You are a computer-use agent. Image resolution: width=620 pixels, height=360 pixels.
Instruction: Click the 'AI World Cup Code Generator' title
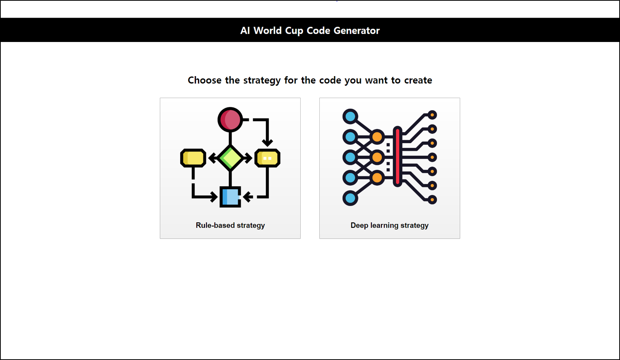pyautogui.click(x=310, y=30)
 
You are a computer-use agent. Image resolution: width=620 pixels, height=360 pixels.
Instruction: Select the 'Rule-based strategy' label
pyautogui.click(x=230, y=225)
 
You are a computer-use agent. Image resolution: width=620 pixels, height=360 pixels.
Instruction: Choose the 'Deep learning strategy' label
pyautogui.click(x=389, y=225)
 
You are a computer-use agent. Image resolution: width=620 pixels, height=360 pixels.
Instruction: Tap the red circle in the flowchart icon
pyautogui.click(x=230, y=120)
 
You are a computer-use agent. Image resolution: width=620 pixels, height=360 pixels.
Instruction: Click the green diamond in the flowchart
pyautogui.click(x=230, y=158)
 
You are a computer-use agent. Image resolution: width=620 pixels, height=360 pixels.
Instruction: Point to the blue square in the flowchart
pyautogui.click(x=230, y=196)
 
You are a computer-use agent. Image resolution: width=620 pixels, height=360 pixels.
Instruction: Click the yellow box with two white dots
pyautogui.click(x=267, y=158)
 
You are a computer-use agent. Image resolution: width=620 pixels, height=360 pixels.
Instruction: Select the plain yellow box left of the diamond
pyautogui.click(x=193, y=158)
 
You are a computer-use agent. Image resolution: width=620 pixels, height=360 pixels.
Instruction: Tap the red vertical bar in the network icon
pyautogui.click(x=397, y=157)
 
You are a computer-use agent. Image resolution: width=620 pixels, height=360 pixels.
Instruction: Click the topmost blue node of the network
pyautogui.click(x=350, y=116)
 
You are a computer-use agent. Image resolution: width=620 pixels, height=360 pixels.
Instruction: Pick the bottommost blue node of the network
pyautogui.click(x=350, y=198)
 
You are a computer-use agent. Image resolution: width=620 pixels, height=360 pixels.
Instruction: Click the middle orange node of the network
pyautogui.click(x=377, y=157)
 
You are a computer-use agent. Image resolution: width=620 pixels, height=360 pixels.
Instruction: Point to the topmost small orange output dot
pyautogui.click(x=432, y=115)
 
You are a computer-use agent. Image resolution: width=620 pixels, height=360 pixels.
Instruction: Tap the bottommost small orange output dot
pyautogui.click(x=432, y=200)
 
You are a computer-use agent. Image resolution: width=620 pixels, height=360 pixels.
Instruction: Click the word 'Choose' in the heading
pyautogui.click(x=204, y=80)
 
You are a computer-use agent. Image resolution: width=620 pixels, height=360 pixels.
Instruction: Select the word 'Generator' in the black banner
pyautogui.click(x=356, y=30)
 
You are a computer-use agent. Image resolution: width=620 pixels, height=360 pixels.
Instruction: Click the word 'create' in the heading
pyautogui.click(x=418, y=80)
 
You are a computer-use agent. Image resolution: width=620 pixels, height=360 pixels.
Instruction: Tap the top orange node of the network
pyautogui.click(x=377, y=137)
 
